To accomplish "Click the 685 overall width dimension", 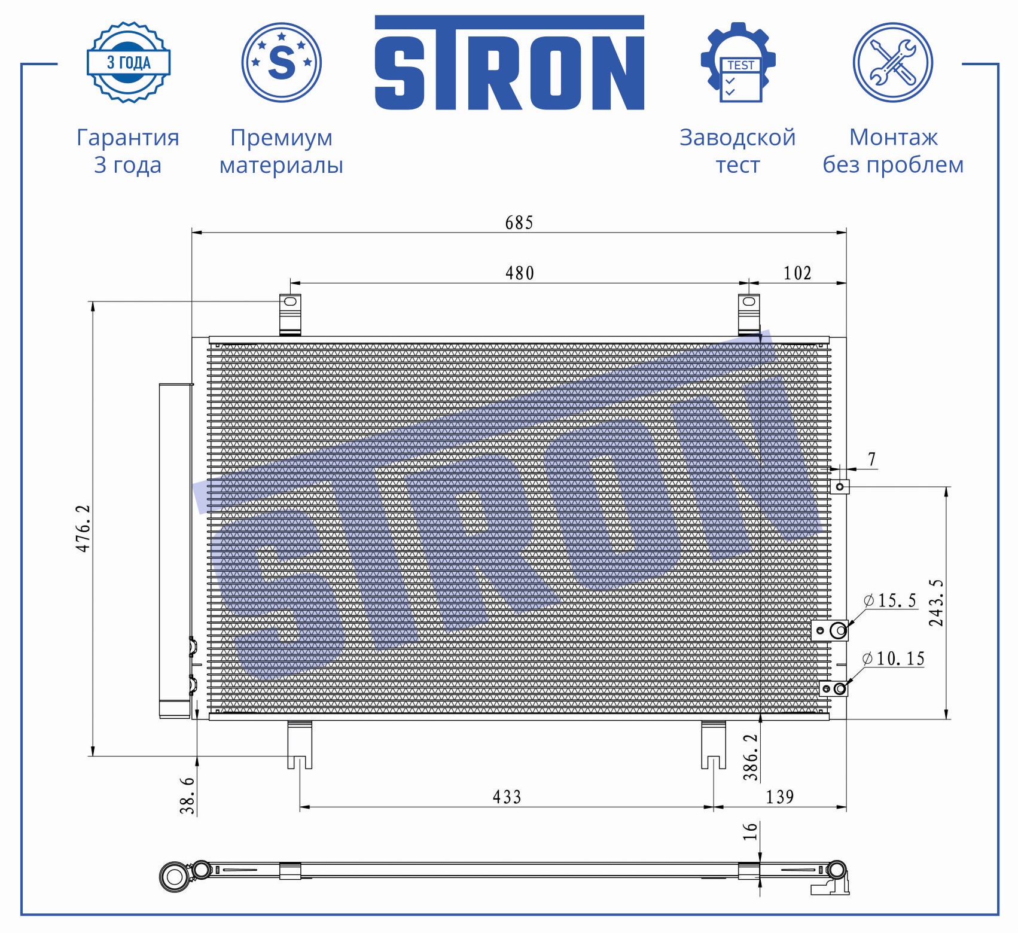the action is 519,222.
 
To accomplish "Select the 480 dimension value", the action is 519,273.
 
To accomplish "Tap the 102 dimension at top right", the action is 797,273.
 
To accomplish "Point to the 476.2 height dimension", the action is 83,528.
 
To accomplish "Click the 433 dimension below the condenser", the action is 507,797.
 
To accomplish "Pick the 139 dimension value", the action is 780,797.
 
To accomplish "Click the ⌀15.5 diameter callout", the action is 890,600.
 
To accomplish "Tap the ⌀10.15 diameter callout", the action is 894,658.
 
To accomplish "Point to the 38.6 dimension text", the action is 187,795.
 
